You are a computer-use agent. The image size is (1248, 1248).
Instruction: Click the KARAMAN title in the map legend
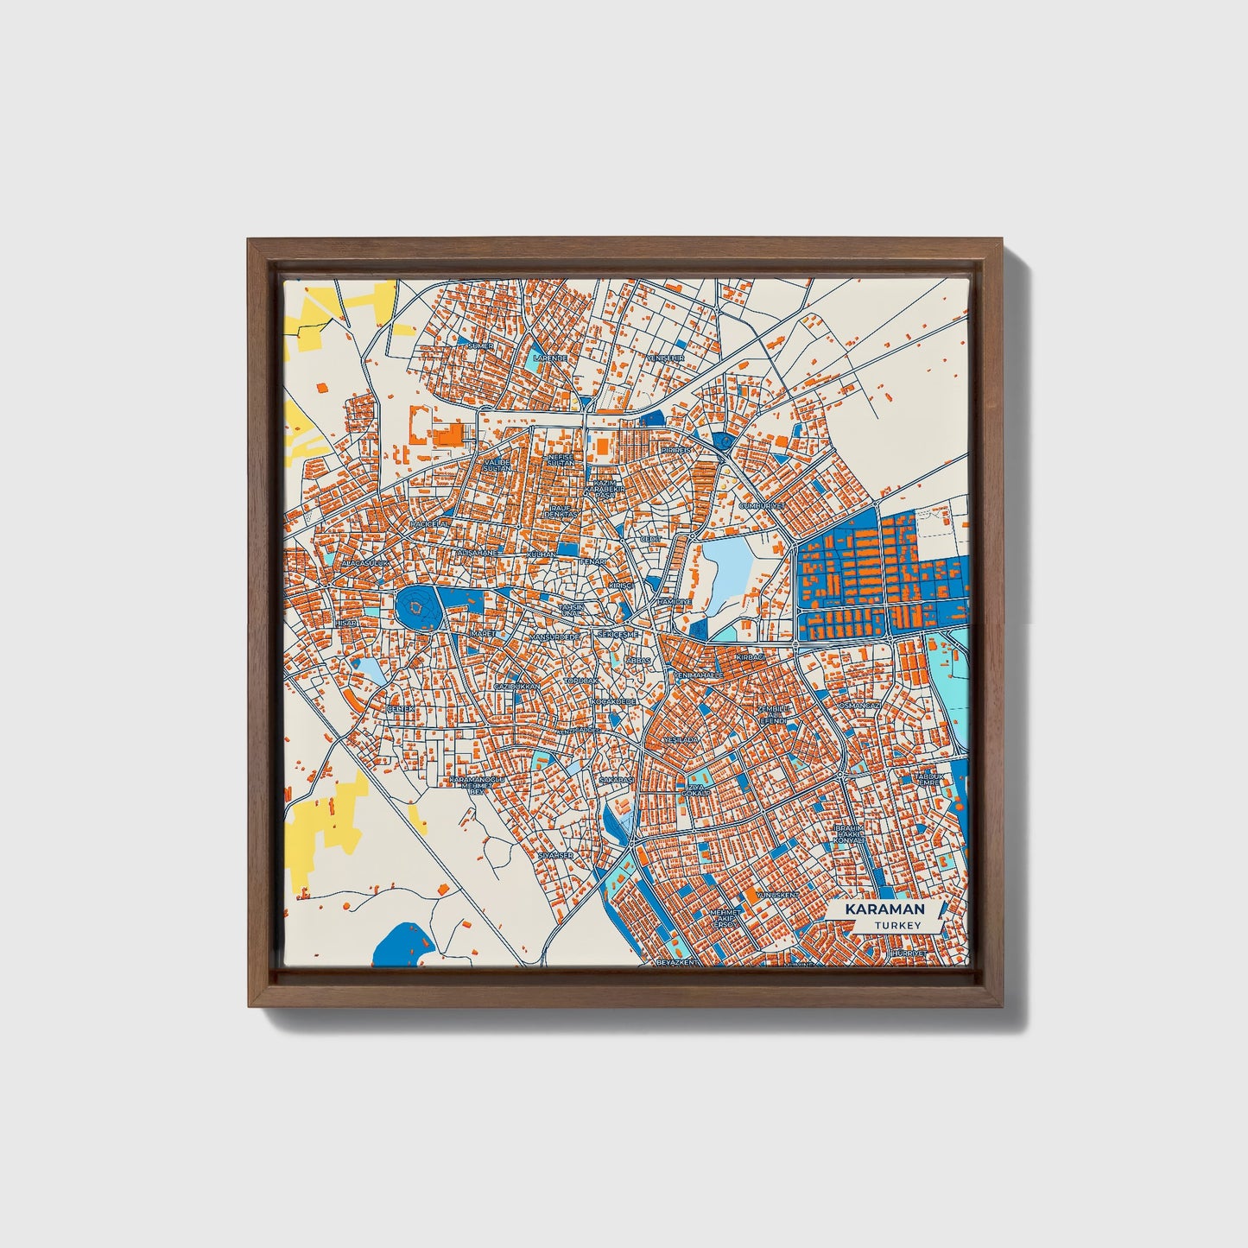884,909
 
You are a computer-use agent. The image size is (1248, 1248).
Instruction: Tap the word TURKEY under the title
897,925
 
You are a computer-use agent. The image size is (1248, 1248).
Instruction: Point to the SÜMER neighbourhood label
478,345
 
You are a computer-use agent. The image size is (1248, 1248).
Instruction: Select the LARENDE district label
550,357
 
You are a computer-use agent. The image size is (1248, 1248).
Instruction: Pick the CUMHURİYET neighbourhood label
761,505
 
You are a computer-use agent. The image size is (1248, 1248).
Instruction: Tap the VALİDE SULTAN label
497,466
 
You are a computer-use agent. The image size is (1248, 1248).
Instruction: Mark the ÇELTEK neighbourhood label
401,709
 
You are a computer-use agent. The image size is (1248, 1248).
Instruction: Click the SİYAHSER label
555,855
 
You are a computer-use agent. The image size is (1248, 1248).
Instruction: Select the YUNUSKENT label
777,895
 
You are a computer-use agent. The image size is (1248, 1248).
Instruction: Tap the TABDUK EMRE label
929,780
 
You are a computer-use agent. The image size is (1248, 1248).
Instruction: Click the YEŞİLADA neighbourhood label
680,741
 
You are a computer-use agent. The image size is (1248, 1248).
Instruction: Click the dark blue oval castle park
417,610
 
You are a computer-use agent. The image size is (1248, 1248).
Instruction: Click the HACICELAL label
429,523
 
